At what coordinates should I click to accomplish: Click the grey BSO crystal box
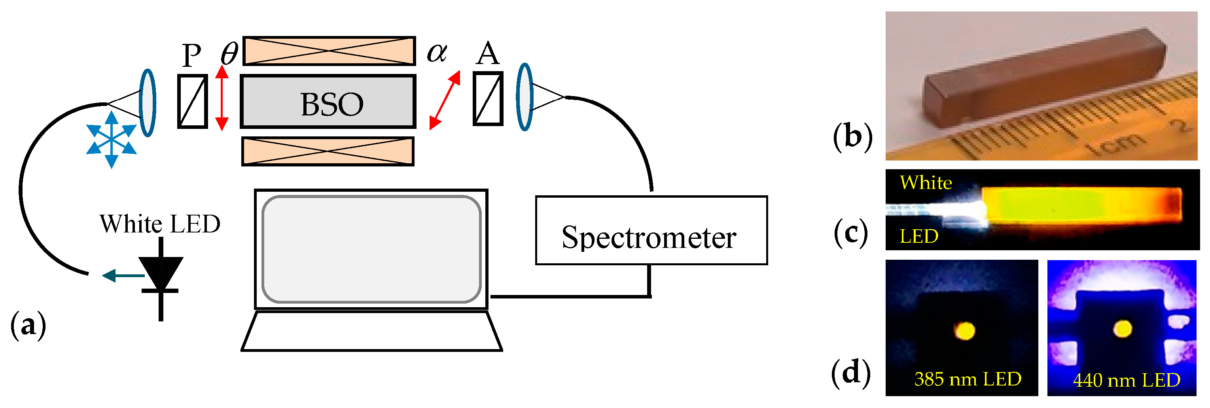[328, 102]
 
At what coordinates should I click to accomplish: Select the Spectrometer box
[651, 230]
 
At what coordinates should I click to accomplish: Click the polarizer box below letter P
[193, 101]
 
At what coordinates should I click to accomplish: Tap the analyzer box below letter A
[488, 98]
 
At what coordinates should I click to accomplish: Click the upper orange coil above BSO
[329, 51]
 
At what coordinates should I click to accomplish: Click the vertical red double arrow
[222, 98]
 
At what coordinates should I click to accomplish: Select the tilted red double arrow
[444, 100]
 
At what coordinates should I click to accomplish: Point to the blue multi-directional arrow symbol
[111, 140]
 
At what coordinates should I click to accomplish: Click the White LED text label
[160, 224]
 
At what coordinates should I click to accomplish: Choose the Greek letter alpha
[437, 52]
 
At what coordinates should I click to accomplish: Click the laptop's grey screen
[371, 249]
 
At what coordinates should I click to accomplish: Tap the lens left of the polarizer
[148, 103]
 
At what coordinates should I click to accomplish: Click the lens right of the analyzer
[524, 97]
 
